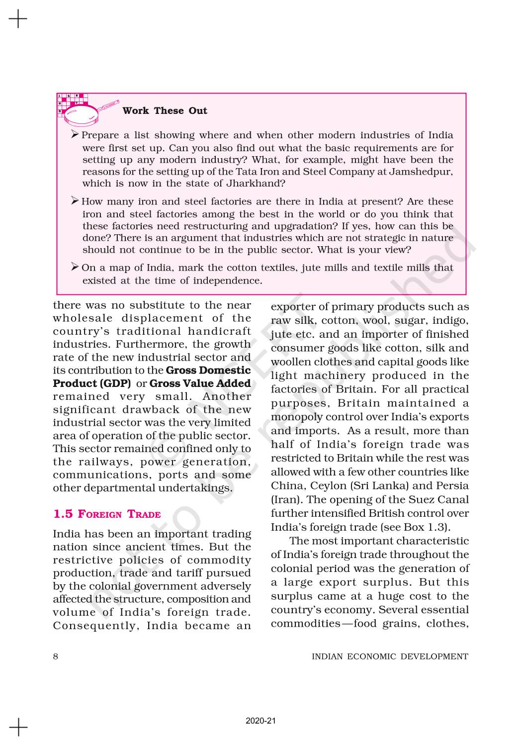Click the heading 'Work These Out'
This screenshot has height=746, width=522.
coord(165,111)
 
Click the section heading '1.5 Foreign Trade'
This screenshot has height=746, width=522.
coord(107,514)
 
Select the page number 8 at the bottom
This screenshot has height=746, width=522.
coord(56,656)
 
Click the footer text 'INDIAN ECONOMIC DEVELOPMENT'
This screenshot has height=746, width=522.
coord(389,656)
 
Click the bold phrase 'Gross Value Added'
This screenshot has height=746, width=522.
coord(200,383)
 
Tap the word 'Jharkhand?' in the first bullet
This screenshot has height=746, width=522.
coord(260,184)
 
